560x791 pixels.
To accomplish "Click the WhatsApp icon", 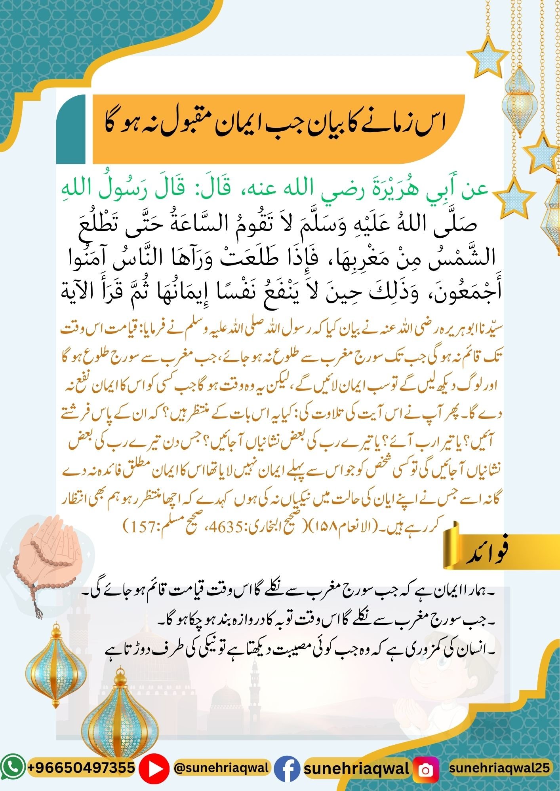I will (x=13, y=768).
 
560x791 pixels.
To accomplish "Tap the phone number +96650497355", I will (x=81, y=768).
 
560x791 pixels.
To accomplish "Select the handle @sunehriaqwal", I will (x=222, y=768).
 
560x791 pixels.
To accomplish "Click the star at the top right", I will (x=487, y=59).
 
